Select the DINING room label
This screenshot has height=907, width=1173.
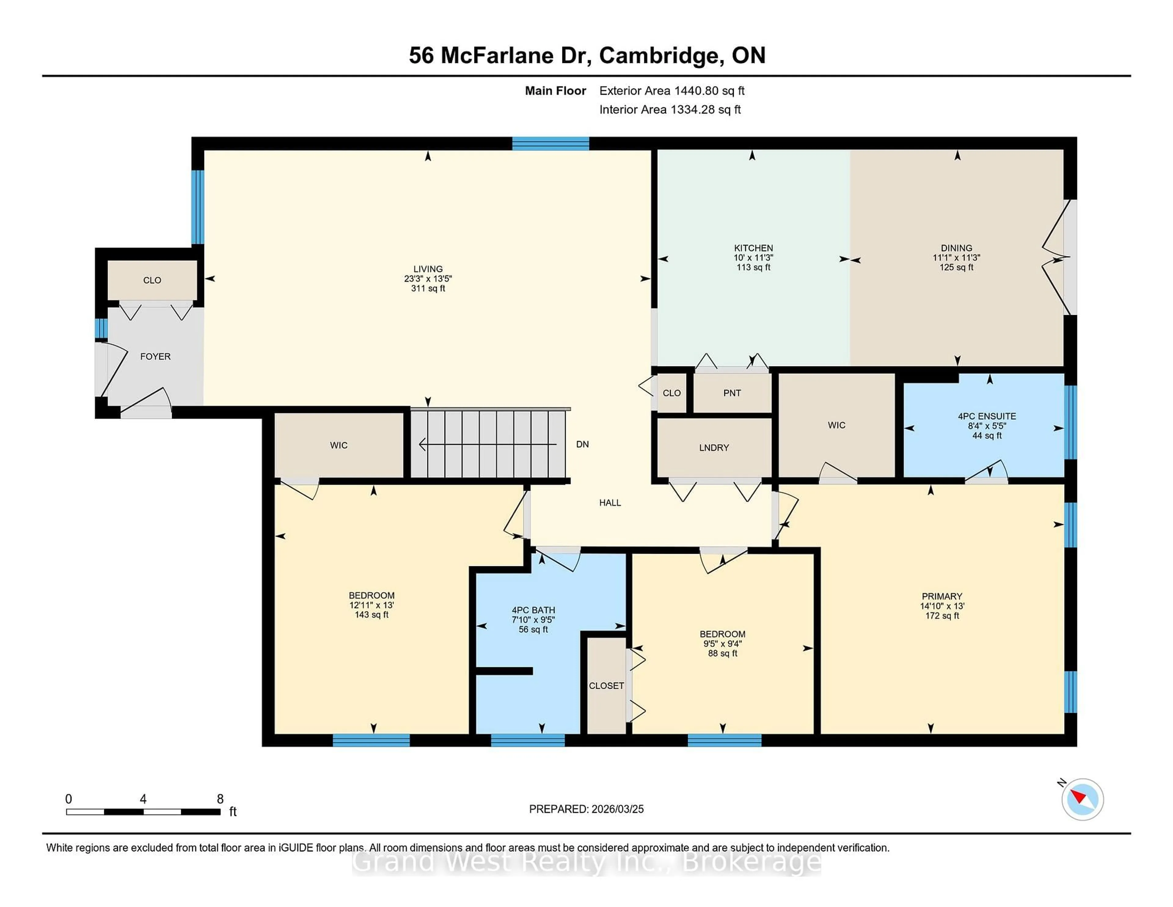[956, 248]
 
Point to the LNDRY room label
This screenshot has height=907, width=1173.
[714, 448]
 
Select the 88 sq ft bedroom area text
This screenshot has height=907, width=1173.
[722, 653]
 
